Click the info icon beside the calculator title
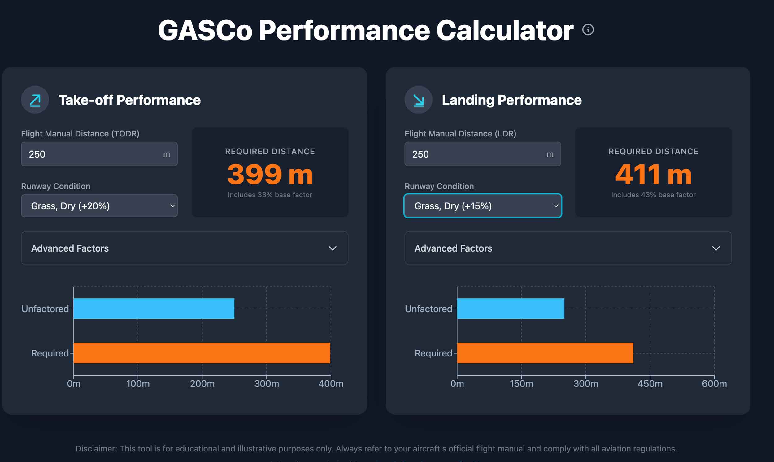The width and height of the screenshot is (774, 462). [588, 30]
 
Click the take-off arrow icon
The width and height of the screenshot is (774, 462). [35, 100]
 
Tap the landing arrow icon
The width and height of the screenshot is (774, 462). [418, 100]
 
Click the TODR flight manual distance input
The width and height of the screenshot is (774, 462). [93, 154]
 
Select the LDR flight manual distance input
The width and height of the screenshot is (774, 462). [476, 154]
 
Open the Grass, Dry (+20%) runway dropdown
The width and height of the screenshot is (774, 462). [99, 206]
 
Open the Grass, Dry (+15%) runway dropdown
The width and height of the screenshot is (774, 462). [482, 206]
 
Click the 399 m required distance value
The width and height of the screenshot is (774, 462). [270, 174]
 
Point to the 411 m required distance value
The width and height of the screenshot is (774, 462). [653, 174]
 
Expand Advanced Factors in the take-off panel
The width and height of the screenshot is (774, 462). [185, 248]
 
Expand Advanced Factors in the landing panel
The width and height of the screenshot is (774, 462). [568, 248]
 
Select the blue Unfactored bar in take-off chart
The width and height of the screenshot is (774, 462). [154, 309]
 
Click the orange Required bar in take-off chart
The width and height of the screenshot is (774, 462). [202, 353]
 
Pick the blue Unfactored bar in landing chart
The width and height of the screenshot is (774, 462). [511, 309]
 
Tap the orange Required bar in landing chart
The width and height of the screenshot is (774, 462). [545, 353]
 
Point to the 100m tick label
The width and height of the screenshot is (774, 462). [138, 383]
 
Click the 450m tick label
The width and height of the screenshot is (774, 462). [650, 383]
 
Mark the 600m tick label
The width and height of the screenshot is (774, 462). [714, 383]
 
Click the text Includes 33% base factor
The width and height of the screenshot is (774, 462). [270, 195]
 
